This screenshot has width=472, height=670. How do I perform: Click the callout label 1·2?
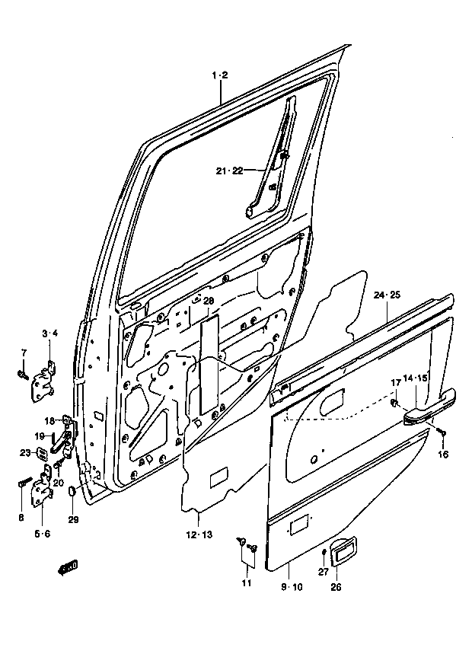point(221,75)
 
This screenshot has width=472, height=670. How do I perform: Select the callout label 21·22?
point(229,171)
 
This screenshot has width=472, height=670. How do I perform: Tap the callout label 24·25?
point(387,295)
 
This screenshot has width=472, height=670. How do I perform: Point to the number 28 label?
point(208,301)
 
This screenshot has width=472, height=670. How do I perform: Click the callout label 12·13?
point(199,534)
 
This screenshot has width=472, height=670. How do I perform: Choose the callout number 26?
point(336,587)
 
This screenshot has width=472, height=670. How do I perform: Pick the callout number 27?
point(324,572)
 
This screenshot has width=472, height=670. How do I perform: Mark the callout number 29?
point(74,520)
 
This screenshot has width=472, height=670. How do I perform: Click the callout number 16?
point(443,455)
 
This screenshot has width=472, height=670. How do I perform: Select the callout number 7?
point(24,353)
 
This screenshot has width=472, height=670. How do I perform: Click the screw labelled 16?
point(442,432)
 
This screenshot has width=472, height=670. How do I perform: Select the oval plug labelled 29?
point(72,491)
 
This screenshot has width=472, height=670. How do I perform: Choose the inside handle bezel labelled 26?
point(344,554)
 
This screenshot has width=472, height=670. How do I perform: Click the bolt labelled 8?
point(26,482)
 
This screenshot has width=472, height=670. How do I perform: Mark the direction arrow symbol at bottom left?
point(68,568)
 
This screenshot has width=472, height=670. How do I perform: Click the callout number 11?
point(247,583)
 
